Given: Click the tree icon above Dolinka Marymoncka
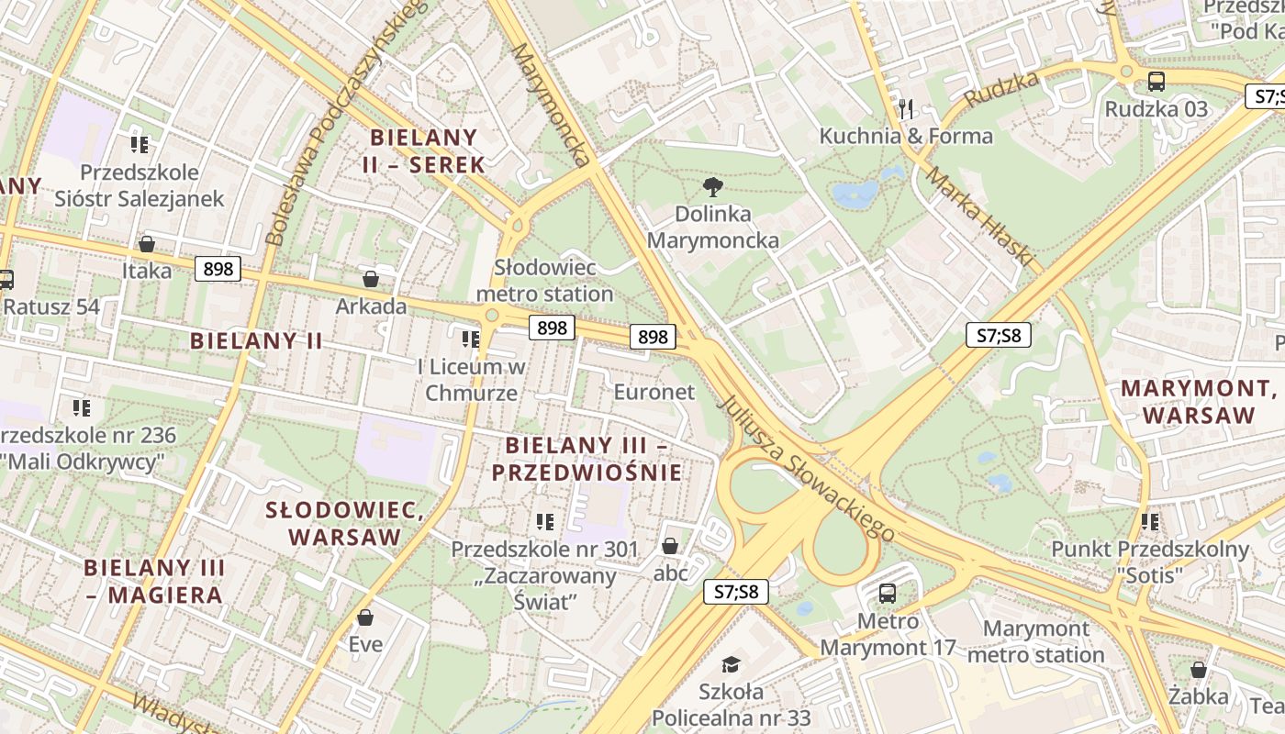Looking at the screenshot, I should pyautogui.click(x=712, y=187).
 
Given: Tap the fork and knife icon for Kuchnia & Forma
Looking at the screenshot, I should pyautogui.click(x=907, y=109).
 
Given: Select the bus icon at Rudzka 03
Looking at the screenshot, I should pyautogui.click(x=1156, y=82).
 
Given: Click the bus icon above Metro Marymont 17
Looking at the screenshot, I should pyautogui.click(x=887, y=594).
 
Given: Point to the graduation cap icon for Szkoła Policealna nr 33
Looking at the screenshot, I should pyautogui.click(x=731, y=663).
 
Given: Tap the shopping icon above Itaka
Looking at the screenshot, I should pyautogui.click(x=146, y=244).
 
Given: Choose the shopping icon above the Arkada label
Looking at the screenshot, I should pyautogui.click(x=371, y=279).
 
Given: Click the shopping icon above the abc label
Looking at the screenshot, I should pyautogui.click(x=670, y=546).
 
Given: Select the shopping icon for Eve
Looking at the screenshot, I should pyautogui.click(x=365, y=617).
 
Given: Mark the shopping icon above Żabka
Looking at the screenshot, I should pyautogui.click(x=1198, y=670).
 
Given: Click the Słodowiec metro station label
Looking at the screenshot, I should pyautogui.click(x=544, y=281).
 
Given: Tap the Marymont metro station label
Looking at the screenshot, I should pyautogui.click(x=1035, y=641).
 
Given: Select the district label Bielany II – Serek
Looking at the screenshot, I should pyautogui.click(x=427, y=151).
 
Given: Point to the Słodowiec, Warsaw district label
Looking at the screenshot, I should pyautogui.click(x=345, y=523).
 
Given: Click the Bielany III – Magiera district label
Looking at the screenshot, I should pyautogui.click(x=154, y=581).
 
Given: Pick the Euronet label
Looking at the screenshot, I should pyautogui.click(x=654, y=392).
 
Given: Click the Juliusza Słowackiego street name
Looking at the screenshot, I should pyautogui.click(x=807, y=468).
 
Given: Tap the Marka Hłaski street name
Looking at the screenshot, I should pyautogui.click(x=979, y=216).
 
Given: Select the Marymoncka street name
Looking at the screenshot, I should pyautogui.click(x=551, y=103).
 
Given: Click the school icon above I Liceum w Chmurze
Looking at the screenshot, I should pyautogui.click(x=471, y=339).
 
